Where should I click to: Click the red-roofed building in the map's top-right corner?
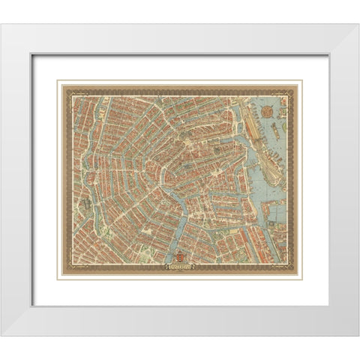pyautogui.click(x=283, y=95)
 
